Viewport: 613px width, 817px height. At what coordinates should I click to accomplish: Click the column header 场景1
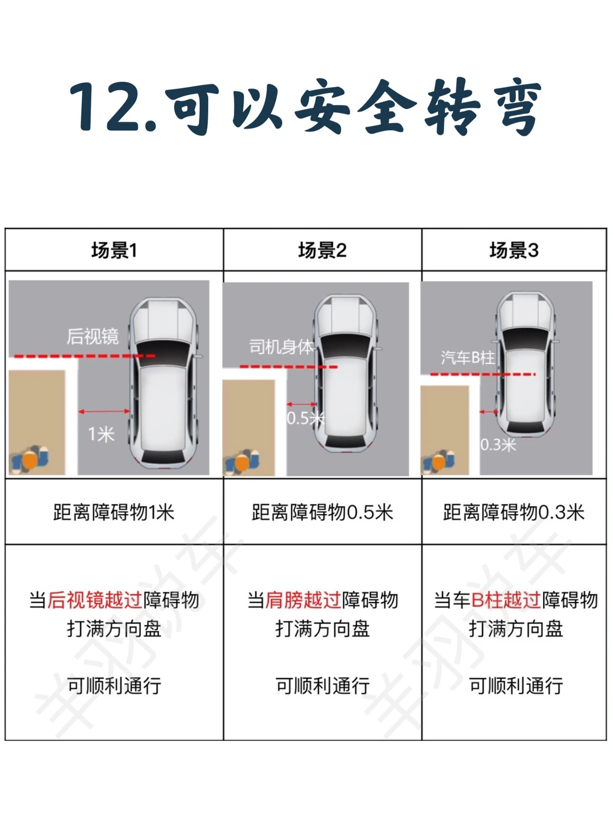(x=114, y=251)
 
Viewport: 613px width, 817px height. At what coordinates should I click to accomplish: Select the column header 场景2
(x=322, y=251)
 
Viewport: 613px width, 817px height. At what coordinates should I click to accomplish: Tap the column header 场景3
(x=514, y=251)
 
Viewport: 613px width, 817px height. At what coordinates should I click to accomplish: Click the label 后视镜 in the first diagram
(x=93, y=336)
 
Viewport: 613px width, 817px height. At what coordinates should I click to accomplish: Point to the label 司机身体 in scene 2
(x=282, y=347)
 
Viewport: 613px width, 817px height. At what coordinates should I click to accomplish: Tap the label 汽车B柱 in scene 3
(x=468, y=357)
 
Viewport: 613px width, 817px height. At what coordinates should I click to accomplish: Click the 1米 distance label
(x=101, y=435)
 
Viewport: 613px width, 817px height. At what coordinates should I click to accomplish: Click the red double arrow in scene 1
(x=104, y=411)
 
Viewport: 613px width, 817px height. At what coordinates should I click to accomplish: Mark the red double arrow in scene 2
(x=301, y=404)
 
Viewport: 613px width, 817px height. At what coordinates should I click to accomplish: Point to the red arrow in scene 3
(x=488, y=412)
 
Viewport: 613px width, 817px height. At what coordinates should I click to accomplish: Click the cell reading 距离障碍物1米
(x=114, y=512)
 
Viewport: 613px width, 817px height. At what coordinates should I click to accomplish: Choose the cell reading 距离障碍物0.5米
(x=322, y=512)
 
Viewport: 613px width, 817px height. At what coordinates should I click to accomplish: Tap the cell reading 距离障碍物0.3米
(x=514, y=512)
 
